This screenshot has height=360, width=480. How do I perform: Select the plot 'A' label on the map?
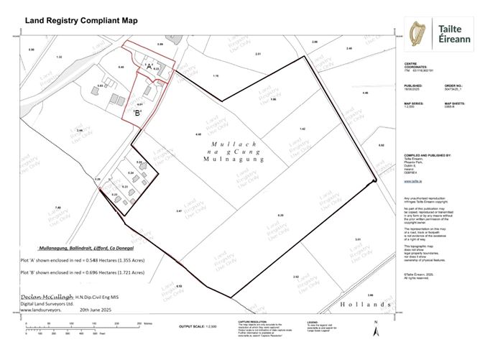[x=149, y=66]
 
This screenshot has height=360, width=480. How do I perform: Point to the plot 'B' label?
[x=136, y=112]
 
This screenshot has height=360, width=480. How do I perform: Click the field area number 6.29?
[x=280, y=216]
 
